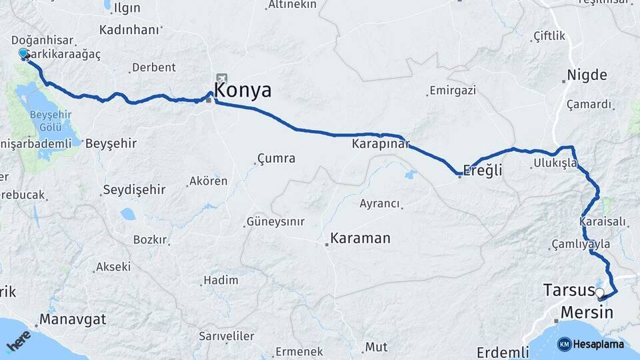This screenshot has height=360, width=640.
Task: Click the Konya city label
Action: point(243,91)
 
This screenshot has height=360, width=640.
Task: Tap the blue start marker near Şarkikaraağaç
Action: point(24,53)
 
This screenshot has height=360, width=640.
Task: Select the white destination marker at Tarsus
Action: point(599,293)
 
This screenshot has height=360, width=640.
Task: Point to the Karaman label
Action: point(360,238)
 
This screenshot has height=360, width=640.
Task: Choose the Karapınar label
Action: point(381,144)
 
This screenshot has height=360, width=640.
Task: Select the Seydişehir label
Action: point(133,190)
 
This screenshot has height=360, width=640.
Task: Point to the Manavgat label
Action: point(73,319)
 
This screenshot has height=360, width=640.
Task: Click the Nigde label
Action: point(587,74)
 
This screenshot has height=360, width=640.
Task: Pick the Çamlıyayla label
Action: point(581,245)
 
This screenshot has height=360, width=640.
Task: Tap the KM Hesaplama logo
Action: point(591,344)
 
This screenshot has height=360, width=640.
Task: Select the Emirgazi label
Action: point(453,90)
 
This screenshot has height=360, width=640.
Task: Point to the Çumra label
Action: point(276,159)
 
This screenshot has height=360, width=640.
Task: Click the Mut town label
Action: point(376,347)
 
